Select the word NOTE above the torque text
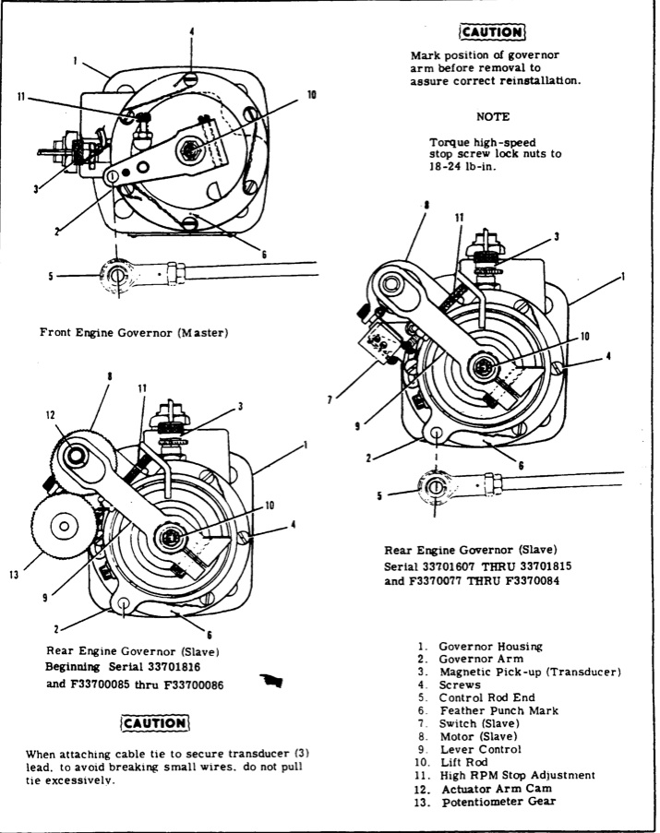click(x=490, y=117)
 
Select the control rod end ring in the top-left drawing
click(x=115, y=276)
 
